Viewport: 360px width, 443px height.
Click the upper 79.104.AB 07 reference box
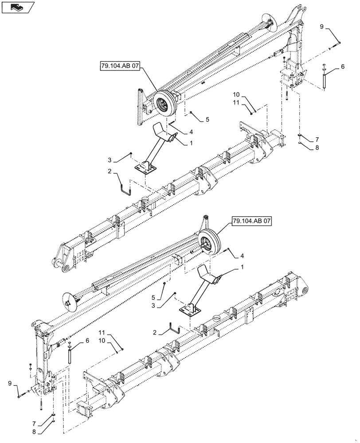point(120,66)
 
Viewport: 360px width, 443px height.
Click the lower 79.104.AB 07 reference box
point(250,221)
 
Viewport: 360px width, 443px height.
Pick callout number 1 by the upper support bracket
point(191,143)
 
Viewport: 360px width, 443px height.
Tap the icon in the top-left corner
point(19,8)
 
